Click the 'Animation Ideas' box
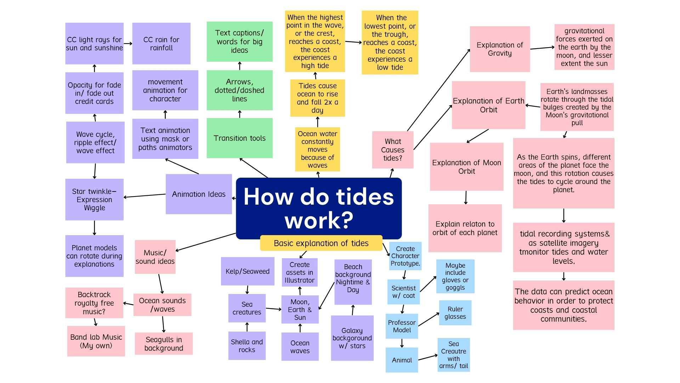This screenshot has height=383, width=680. pos(198,194)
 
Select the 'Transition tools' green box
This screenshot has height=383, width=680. pos(239,138)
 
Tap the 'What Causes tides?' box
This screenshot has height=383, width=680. pos(392,150)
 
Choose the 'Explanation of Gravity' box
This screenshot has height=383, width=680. pos(499,49)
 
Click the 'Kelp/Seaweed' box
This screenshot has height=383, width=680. pos(247,271)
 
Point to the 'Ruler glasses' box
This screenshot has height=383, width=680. pos(455,313)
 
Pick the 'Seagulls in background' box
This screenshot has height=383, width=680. pos(164,344)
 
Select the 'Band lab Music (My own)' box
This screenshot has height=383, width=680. pos(96,341)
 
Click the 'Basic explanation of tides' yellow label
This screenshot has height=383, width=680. pos(321,243)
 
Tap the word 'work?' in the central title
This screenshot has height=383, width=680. pos(319,220)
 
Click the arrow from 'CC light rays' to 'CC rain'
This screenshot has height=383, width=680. pos(128,44)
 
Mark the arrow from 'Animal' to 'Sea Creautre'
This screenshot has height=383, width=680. pos(427,357)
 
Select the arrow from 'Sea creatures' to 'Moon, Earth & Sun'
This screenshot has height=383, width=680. pos(273,309)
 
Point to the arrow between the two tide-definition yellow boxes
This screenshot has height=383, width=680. pos(353,42)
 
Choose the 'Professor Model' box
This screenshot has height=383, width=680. pos(402,326)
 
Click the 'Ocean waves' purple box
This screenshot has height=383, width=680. pos(300,346)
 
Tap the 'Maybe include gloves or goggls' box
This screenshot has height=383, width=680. pos(455,276)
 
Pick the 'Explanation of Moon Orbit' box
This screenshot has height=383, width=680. pos(466,167)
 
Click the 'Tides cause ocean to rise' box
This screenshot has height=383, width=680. pos(317,98)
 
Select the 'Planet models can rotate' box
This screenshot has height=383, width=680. pos(94,256)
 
